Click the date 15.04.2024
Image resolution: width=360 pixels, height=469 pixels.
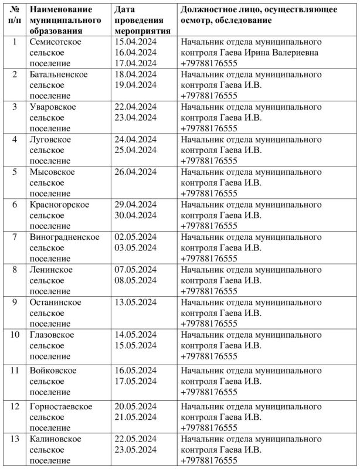(136, 42)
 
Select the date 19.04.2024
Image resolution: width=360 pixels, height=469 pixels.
(136, 85)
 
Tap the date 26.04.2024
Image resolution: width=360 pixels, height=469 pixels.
(136, 172)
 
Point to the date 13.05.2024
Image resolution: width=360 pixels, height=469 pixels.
(136, 303)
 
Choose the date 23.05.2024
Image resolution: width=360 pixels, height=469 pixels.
(136, 450)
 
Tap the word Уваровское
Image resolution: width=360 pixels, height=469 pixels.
(53, 107)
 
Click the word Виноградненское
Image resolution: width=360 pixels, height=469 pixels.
(64, 237)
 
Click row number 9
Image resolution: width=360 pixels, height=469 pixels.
(15, 303)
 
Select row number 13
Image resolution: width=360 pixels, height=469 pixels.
(15, 439)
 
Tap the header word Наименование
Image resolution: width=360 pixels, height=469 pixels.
(60, 11)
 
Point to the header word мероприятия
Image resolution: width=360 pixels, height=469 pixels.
(143, 31)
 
